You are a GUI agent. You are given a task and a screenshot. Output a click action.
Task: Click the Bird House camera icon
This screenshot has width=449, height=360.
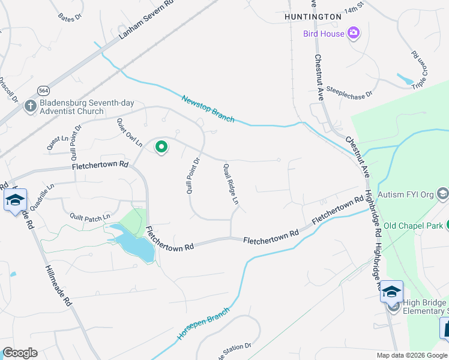[x=354, y=34]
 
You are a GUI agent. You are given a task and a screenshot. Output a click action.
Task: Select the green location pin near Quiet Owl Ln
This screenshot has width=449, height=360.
[x=161, y=146]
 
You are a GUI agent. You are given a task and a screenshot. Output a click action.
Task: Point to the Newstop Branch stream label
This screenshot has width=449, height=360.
[x=208, y=109]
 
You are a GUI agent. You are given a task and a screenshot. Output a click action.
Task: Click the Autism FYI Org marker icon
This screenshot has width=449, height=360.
[x=443, y=193]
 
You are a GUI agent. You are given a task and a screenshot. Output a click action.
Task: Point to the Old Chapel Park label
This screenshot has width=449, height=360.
[x=414, y=226]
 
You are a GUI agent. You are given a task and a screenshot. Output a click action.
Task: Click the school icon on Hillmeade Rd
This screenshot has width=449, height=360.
[x=14, y=200]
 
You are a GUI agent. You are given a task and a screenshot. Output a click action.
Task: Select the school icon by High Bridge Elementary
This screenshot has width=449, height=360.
[x=391, y=292]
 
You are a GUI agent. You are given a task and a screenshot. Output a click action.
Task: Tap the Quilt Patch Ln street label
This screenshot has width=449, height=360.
[x=90, y=217]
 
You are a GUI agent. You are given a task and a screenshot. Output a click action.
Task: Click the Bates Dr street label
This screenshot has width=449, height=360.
[x=70, y=18]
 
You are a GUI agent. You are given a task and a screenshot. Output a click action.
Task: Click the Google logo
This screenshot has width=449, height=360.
[x=20, y=353]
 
